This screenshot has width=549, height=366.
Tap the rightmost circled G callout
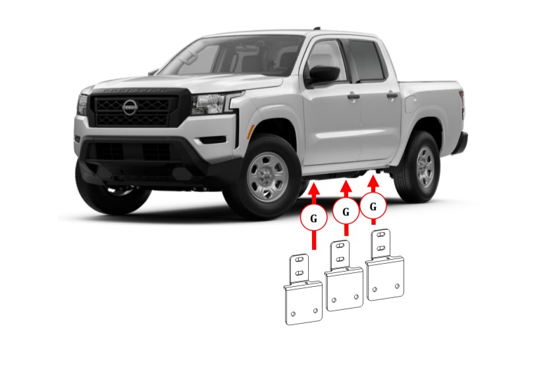tap(373, 206)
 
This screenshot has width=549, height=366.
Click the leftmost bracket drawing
tap(303, 290)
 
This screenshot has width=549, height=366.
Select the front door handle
tap(353, 97)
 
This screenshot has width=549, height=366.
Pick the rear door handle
tap(392, 95)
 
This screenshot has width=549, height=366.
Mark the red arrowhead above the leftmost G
tap(314, 189)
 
